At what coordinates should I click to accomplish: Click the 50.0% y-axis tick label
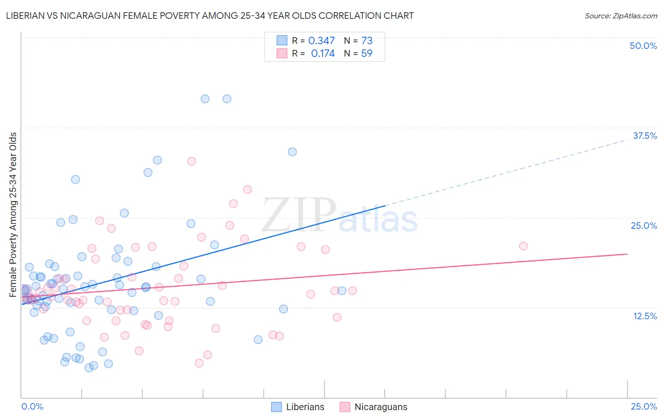643,46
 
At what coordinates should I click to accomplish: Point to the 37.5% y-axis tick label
645,136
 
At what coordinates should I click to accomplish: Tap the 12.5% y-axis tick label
645,316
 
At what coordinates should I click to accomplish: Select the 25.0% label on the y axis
644,226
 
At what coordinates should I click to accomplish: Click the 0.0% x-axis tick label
32,406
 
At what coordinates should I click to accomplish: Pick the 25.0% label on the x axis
644,406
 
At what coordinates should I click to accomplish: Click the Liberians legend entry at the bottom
298,407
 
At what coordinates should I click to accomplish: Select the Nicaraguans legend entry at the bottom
373,407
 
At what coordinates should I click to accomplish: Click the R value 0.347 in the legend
321,41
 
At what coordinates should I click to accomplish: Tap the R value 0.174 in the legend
323,54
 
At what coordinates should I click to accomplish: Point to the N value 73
366,41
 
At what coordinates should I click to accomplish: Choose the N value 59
366,54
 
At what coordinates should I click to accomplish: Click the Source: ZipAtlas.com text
621,16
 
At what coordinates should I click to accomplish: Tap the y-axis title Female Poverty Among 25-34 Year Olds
13,215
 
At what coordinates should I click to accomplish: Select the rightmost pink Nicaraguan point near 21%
523,246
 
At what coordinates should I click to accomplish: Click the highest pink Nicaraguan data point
191,161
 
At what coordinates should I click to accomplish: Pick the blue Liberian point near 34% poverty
292,152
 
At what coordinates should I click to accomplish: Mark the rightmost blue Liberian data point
342,291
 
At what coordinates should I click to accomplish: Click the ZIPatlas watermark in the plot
340,216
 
